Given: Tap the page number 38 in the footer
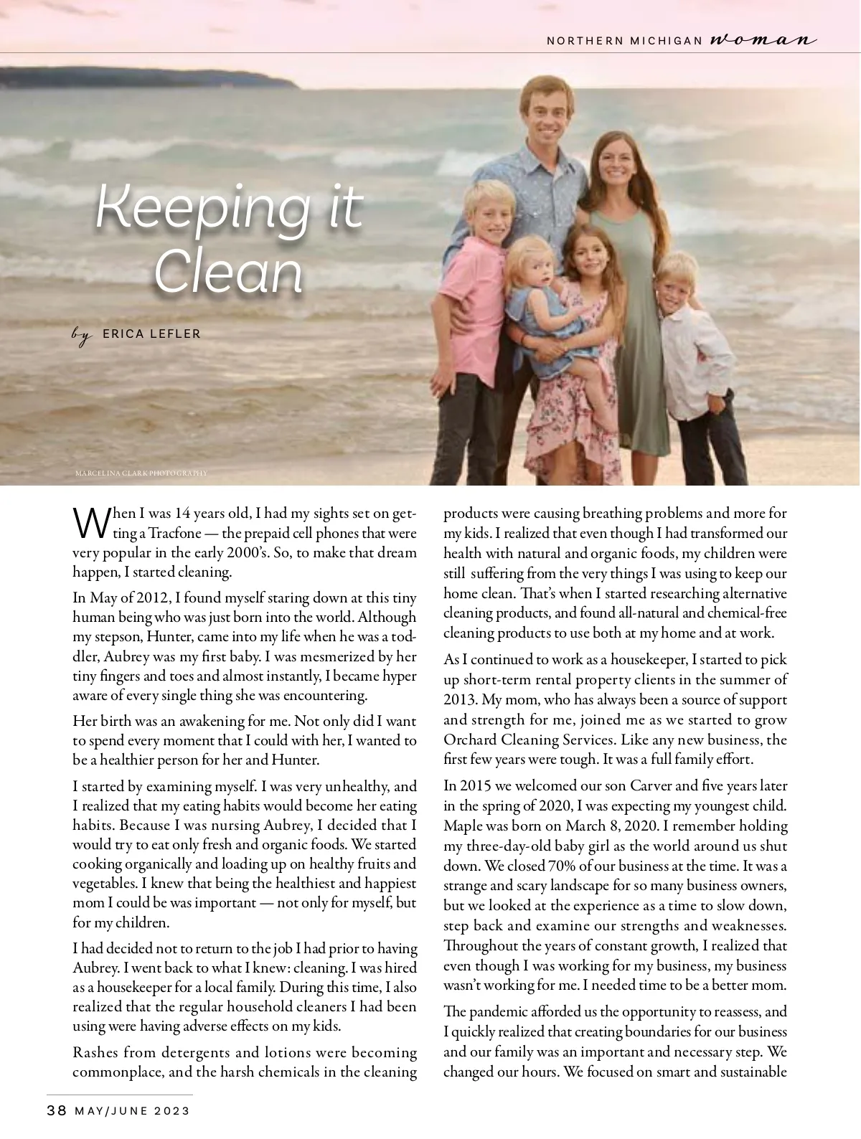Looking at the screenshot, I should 57,1111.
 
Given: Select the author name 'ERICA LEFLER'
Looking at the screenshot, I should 151,334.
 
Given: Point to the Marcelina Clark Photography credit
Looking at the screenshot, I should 141,473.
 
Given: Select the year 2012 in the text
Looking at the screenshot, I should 149,597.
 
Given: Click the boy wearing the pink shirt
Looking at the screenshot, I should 477,287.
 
